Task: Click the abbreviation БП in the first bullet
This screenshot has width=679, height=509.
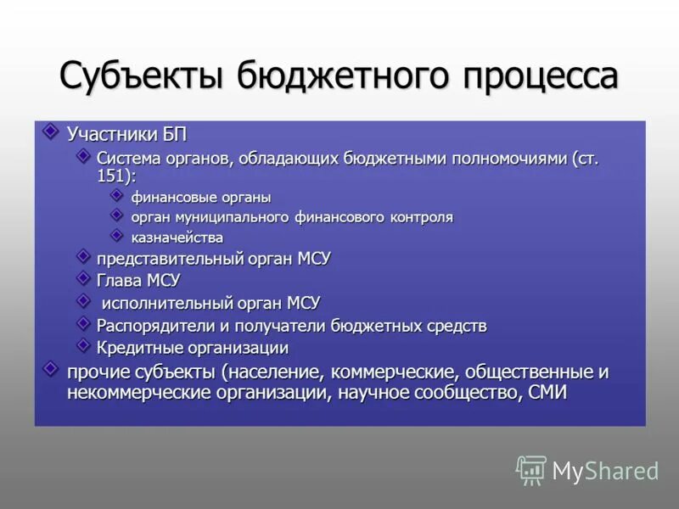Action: (173, 135)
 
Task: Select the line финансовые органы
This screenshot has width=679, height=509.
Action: (200, 197)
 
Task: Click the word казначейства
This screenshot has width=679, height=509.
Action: (177, 238)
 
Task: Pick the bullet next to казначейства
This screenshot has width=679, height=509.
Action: (116, 235)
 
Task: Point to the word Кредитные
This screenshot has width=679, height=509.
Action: (134, 348)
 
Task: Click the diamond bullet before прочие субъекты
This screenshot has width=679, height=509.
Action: (51, 369)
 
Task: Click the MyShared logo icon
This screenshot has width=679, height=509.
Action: (530, 469)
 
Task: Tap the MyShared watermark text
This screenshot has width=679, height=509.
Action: (606, 471)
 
